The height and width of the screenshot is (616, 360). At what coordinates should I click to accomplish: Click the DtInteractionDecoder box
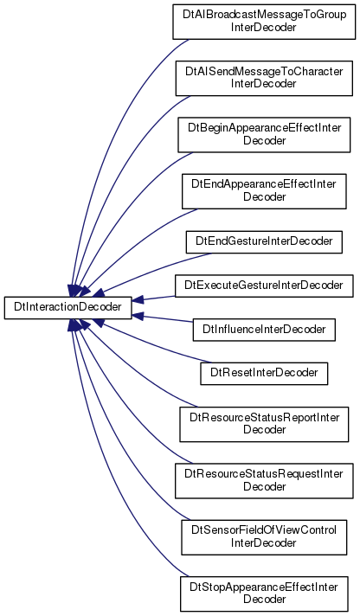tap(68, 307)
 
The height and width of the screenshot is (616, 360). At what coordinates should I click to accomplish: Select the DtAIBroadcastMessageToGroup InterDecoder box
tap(264, 22)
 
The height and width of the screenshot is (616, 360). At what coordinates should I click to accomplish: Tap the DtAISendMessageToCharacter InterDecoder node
tap(264, 78)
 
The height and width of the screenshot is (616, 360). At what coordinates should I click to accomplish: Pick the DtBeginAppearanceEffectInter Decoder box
tap(264, 134)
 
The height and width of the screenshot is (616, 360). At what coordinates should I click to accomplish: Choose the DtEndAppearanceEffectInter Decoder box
tap(264, 191)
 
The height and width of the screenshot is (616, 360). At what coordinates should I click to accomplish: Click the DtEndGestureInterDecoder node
tap(264, 242)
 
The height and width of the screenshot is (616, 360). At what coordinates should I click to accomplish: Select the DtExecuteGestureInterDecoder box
tap(264, 286)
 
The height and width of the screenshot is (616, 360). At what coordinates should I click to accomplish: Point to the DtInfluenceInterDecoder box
tap(264, 330)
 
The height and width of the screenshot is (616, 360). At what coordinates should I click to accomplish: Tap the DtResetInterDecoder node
tap(264, 373)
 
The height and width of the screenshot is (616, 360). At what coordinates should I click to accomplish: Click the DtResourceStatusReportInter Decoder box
tap(264, 424)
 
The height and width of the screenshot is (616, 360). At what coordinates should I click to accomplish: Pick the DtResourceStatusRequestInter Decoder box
tap(264, 481)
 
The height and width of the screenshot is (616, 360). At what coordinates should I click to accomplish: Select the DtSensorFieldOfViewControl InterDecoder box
tap(264, 537)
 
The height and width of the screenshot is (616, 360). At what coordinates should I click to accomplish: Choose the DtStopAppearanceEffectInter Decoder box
tap(264, 594)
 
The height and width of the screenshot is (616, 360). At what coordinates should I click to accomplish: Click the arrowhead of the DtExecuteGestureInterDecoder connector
tap(138, 300)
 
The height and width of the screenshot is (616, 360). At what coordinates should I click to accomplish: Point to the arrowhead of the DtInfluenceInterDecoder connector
tap(138, 315)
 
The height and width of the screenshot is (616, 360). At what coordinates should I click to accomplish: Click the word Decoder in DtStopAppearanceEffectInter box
tap(264, 599)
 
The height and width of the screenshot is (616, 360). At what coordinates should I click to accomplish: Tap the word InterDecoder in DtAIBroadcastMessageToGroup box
tap(263, 27)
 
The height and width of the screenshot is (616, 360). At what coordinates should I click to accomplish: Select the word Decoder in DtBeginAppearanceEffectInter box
tap(264, 140)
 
